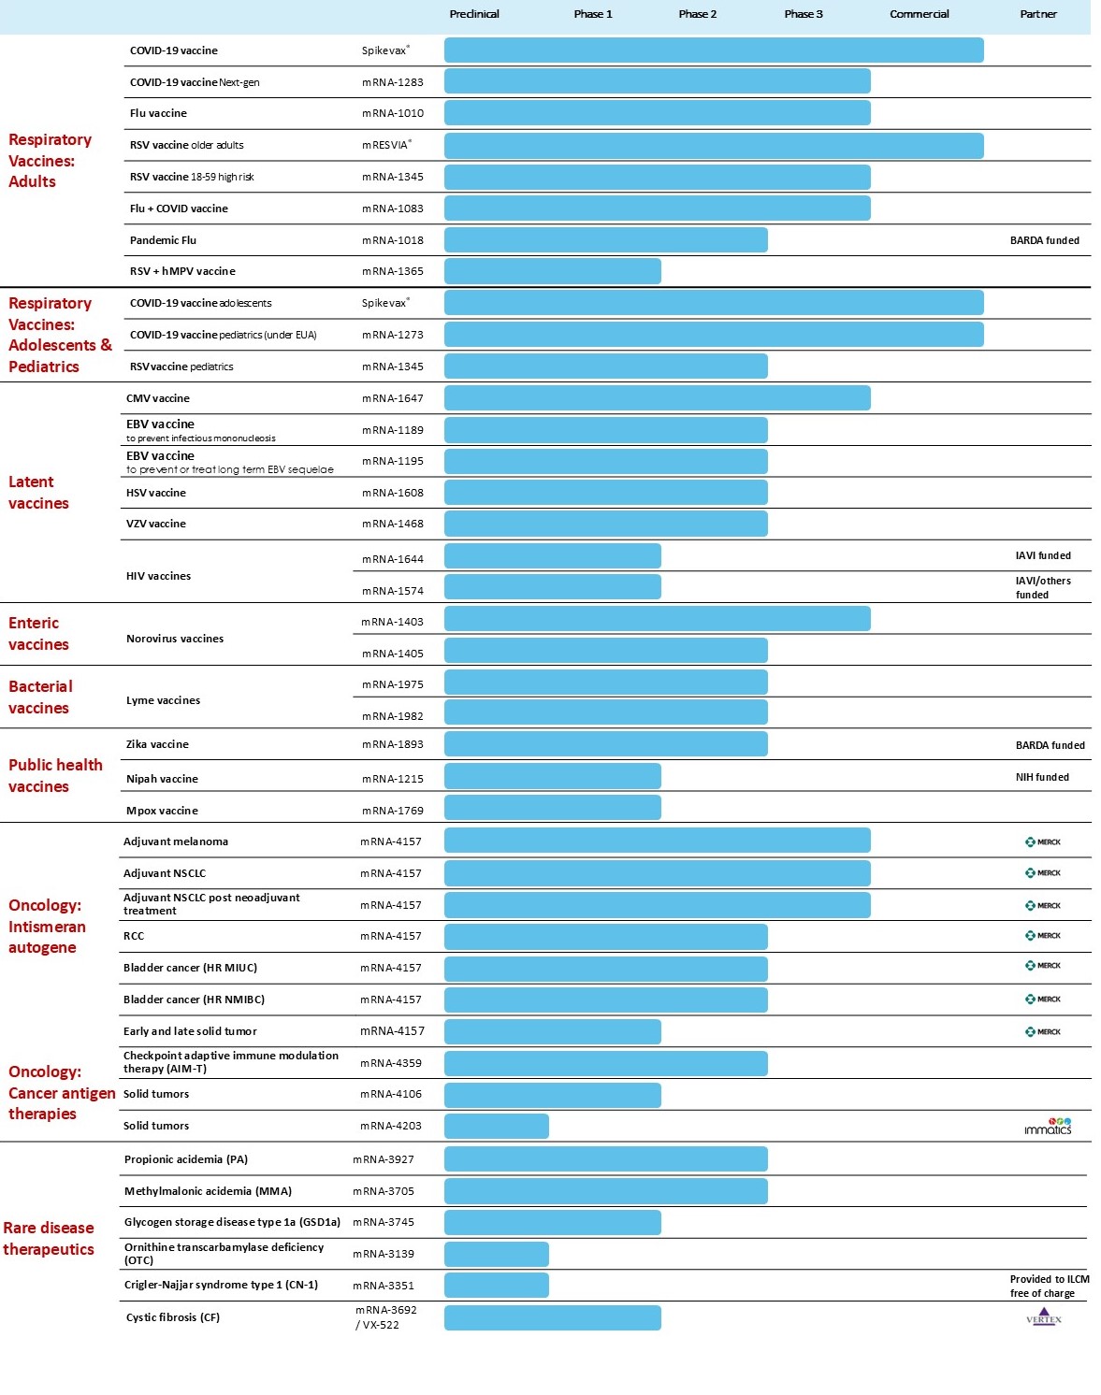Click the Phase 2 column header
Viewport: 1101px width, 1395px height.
point(697,14)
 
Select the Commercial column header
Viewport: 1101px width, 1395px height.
point(919,14)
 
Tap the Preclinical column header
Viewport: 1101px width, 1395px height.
point(473,14)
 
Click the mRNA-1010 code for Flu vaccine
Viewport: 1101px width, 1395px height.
point(392,113)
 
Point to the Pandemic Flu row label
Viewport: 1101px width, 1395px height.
point(163,240)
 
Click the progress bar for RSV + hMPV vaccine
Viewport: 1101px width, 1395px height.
point(552,271)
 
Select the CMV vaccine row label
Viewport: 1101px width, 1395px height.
point(157,398)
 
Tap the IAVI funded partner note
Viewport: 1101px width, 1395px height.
point(1043,555)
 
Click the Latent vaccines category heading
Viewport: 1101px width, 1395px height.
point(38,493)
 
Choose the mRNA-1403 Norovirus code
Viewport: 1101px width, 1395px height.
point(392,622)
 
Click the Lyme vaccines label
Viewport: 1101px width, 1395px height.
point(163,700)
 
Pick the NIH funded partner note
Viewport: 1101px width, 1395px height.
point(1042,777)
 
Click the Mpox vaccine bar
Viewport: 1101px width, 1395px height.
point(552,808)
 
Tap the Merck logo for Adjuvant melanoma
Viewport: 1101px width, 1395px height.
point(1042,841)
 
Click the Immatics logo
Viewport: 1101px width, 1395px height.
point(1048,1127)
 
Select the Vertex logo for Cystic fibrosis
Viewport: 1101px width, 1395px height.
point(1043,1317)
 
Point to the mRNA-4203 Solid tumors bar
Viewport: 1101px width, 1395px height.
point(496,1126)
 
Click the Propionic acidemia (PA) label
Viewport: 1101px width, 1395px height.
point(185,1159)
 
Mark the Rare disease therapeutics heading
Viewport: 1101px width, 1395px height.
point(49,1238)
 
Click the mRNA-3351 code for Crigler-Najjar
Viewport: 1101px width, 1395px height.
point(383,1286)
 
